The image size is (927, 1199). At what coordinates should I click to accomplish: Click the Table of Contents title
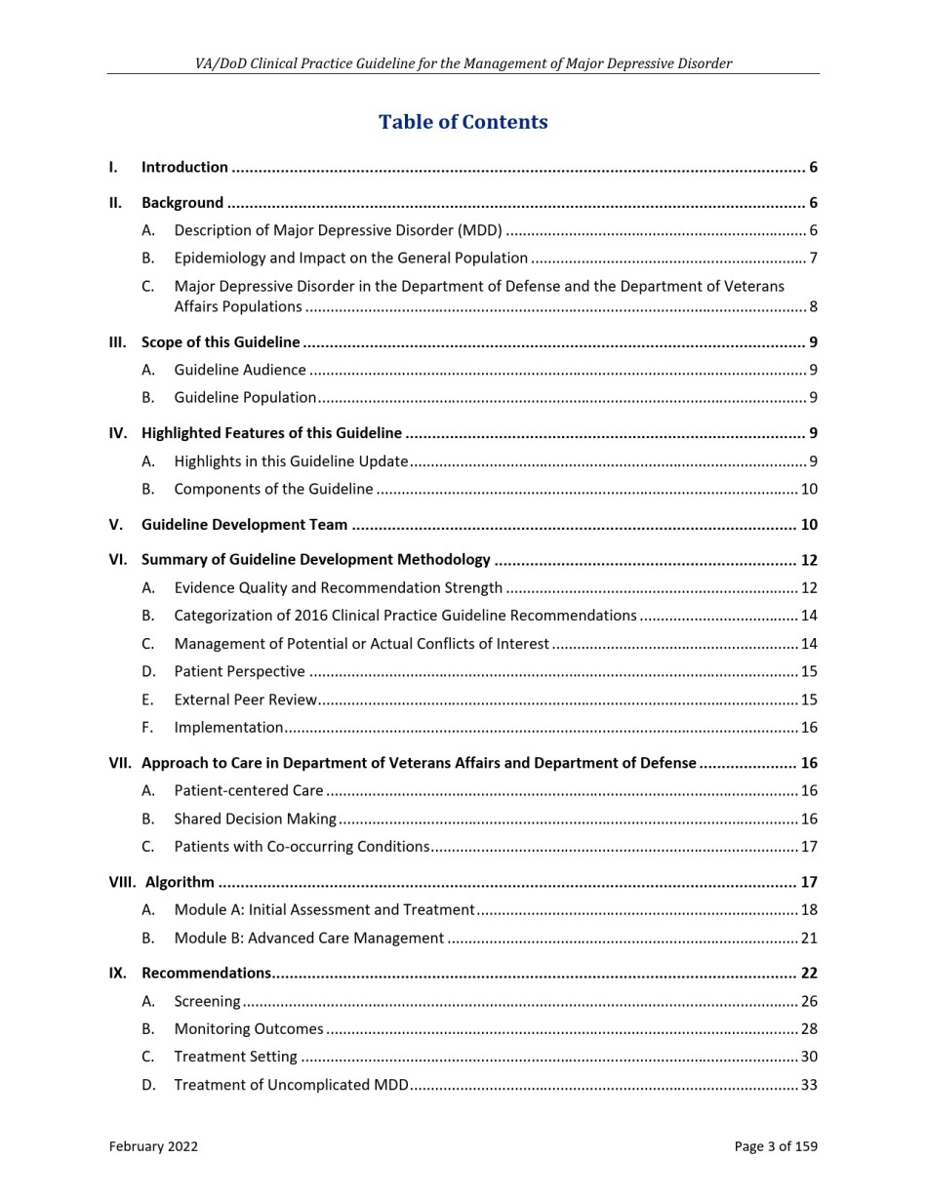[x=463, y=122]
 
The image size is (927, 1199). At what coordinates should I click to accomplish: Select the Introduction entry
[x=184, y=167]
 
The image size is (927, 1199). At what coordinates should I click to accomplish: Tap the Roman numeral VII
[x=119, y=763]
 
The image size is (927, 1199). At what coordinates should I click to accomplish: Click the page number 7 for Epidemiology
[x=813, y=259]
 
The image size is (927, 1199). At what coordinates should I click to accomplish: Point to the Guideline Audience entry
[x=240, y=370]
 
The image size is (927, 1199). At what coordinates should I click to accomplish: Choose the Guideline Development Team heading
[x=244, y=525]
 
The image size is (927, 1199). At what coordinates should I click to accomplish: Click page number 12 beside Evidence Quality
[x=808, y=587]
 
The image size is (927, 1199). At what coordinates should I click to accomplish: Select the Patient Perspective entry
[x=239, y=671]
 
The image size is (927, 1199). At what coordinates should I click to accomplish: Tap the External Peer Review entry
[x=245, y=699]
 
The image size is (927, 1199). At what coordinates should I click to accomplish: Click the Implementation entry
[x=228, y=727]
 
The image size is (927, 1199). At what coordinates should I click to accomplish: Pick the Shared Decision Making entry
[x=255, y=819]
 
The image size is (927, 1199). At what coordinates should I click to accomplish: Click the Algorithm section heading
[x=180, y=882]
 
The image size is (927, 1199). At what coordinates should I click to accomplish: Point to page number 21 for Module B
[x=808, y=938]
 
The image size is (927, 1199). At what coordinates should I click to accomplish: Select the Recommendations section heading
[x=206, y=973]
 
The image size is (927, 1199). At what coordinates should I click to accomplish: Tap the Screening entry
[x=207, y=1001]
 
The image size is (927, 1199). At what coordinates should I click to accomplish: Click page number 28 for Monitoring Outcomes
[x=808, y=1028]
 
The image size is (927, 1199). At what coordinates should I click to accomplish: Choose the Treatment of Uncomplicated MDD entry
[x=291, y=1084]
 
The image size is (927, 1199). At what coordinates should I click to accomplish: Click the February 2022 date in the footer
[x=153, y=1146]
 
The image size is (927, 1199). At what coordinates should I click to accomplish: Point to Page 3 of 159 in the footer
[x=776, y=1146]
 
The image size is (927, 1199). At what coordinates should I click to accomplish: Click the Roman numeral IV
[x=117, y=433]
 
